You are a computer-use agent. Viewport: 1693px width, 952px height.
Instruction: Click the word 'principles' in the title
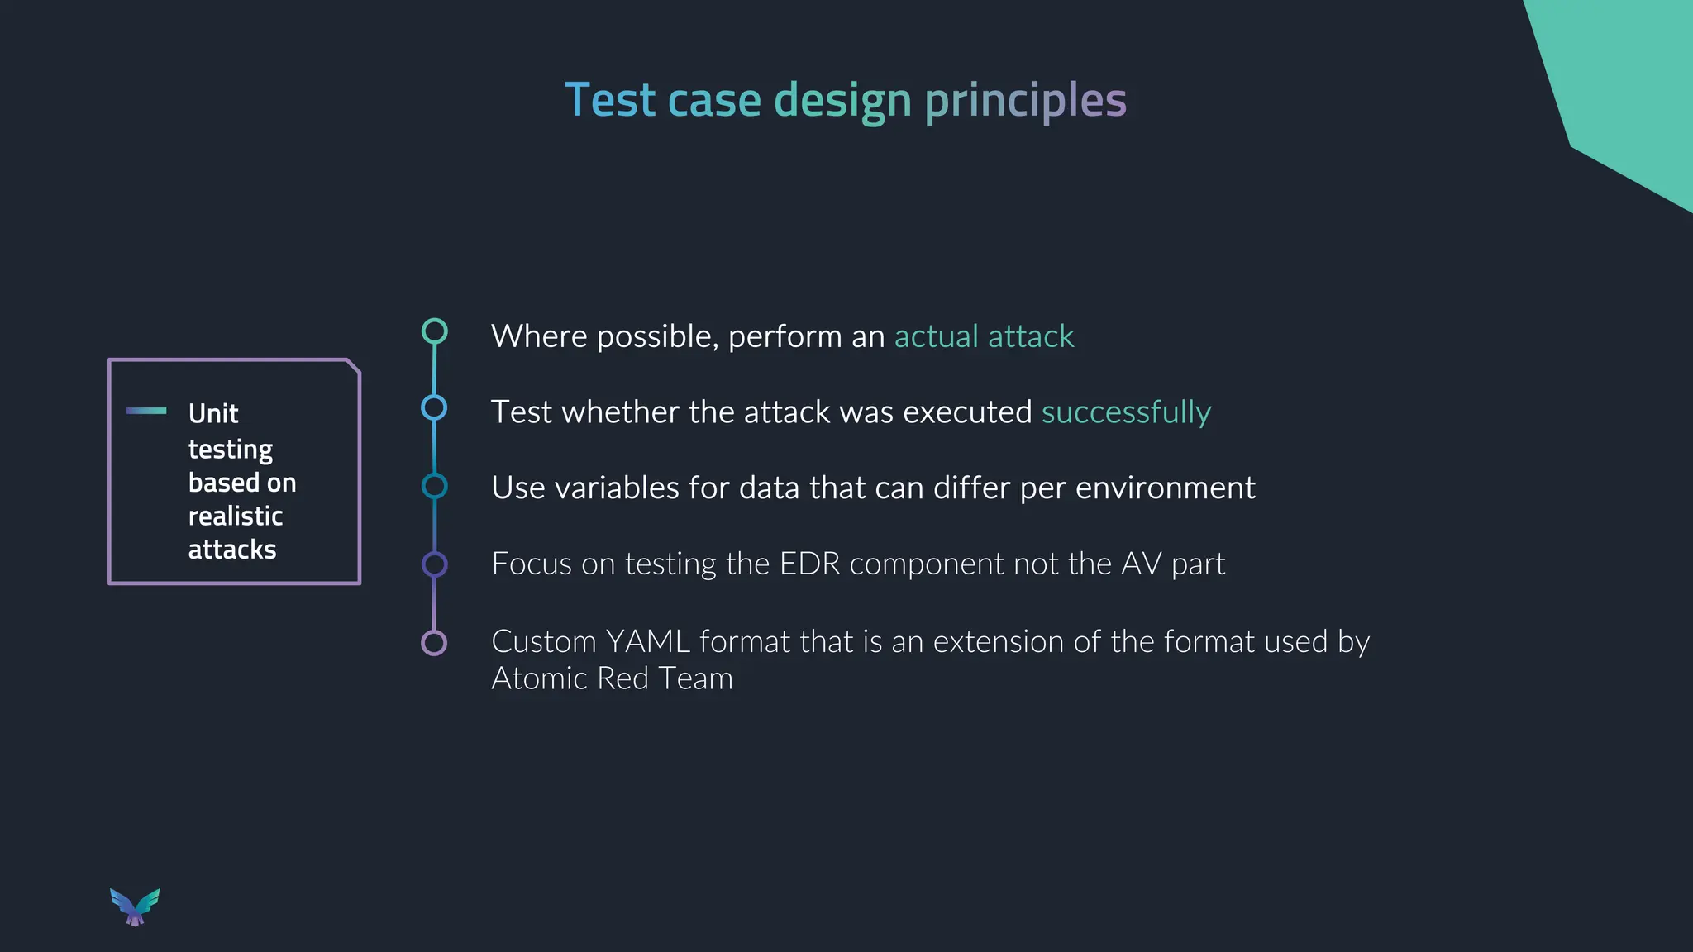coord(1025,101)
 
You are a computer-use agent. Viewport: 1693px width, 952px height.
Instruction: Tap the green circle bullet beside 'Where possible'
coord(434,331)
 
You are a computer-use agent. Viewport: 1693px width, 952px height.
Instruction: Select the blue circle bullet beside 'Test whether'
coord(434,407)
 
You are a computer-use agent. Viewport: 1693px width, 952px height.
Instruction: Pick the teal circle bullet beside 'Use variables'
coord(434,486)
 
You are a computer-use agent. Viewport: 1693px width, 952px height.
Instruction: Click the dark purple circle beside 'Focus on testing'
coord(434,564)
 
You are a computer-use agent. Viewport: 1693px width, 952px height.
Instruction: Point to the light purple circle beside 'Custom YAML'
coord(434,643)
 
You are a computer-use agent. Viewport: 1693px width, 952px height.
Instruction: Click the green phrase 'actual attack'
coord(984,336)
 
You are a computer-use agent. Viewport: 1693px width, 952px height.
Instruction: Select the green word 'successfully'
coord(1126,412)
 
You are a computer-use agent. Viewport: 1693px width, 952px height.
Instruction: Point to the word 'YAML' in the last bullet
coord(648,641)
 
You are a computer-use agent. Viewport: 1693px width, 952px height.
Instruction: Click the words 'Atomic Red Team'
coord(612,678)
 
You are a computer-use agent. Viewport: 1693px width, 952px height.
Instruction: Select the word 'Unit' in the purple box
coord(213,413)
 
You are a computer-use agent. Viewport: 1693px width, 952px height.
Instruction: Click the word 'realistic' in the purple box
coord(236,516)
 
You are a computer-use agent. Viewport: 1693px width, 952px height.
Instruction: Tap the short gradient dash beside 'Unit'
coord(146,411)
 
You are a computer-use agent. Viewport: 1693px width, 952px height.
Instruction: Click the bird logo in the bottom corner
coord(135,907)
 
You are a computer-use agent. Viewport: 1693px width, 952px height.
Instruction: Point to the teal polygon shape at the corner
coord(1620,83)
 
